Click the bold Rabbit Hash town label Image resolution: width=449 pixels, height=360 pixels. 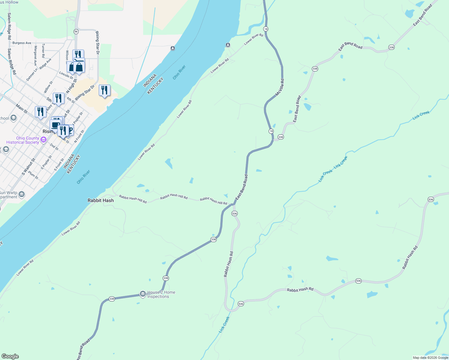[101, 200]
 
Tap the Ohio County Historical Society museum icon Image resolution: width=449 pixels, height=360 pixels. [44, 139]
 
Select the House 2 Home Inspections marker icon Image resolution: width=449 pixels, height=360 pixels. [143, 293]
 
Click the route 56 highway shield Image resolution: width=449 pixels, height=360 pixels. [76, 31]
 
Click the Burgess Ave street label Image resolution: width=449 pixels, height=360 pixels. [22, 43]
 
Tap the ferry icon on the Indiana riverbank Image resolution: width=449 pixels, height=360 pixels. [173, 48]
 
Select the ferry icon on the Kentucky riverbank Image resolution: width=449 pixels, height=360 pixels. [228, 45]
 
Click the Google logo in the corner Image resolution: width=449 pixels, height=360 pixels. [10, 356]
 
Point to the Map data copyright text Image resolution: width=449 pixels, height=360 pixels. [430, 358]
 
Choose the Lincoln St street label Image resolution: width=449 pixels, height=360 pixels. [66, 75]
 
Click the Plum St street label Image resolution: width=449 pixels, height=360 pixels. [33, 175]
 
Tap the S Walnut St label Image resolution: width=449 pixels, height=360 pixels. [29, 167]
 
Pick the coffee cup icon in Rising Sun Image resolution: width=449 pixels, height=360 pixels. [56, 124]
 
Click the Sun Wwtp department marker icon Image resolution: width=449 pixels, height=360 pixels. [22, 194]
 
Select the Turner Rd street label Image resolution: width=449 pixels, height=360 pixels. [43, 50]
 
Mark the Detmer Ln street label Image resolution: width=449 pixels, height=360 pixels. [32, 75]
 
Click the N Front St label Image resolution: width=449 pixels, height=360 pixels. [79, 136]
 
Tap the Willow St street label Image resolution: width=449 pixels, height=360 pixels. [48, 87]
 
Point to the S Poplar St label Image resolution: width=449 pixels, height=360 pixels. [46, 162]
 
